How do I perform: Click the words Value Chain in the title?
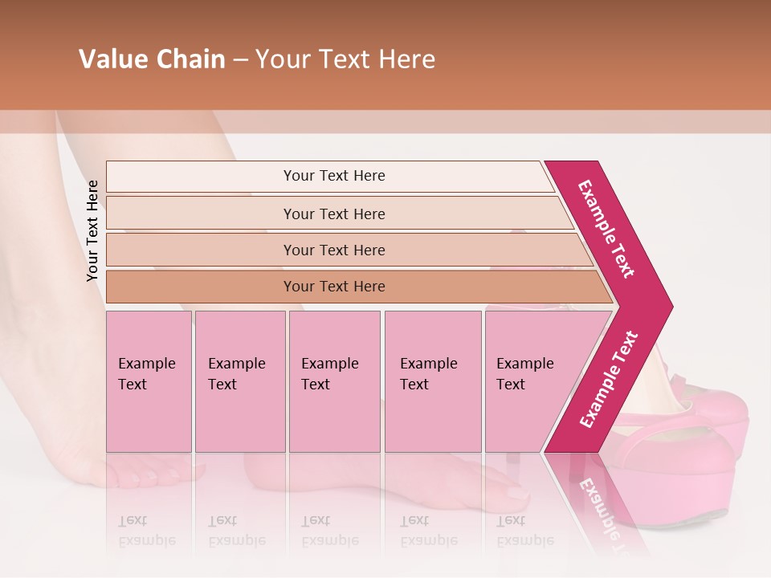pyautogui.click(x=152, y=59)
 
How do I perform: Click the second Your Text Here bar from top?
pyautogui.click(x=334, y=214)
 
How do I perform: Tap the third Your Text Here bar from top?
pyautogui.click(x=334, y=250)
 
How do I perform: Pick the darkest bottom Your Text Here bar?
pyautogui.click(x=334, y=287)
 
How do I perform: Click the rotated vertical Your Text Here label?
pyautogui.click(x=92, y=231)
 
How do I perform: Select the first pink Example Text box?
pyautogui.click(x=149, y=381)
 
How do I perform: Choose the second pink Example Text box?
pyautogui.click(x=239, y=381)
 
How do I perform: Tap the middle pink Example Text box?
pyautogui.click(x=334, y=381)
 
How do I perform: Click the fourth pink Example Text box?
pyautogui.click(x=433, y=381)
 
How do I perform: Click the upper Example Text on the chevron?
pyautogui.click(x=606, y=229)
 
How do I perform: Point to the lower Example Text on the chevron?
pyautogui.click(x=608, y=380)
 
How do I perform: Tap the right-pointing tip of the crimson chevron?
pyautogui.click(x=669, y=306)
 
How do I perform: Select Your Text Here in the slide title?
pyautogui.click(x=345, y=59)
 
